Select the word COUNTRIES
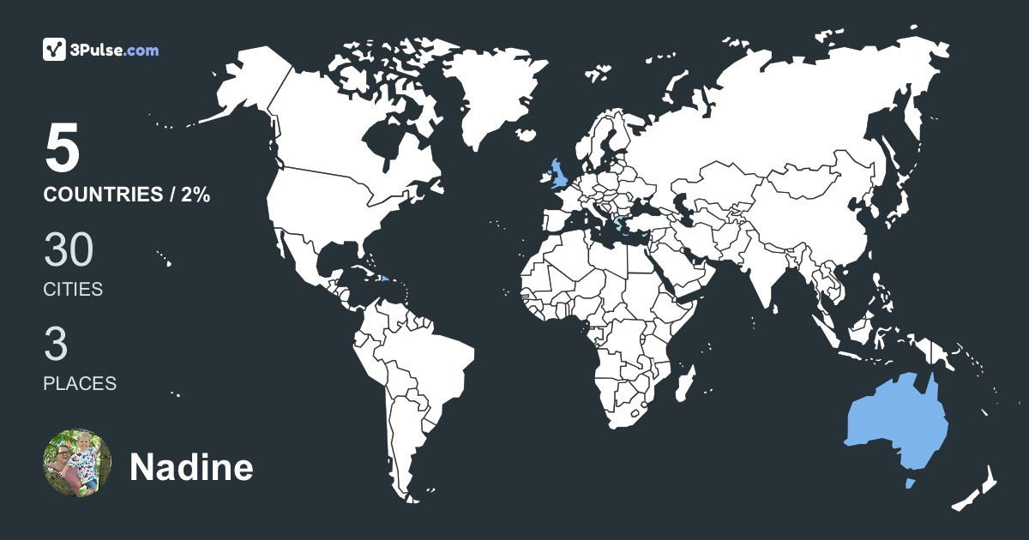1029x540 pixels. click(102, 195)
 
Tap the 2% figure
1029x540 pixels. click(196, 195)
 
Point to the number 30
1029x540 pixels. click(69, 250)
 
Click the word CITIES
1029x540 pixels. click(73, 290)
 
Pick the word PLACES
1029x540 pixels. click(80, 384)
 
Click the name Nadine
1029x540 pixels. click(191, 468)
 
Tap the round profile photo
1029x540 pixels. click(77, 464)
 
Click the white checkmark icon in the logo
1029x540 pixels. click(55, 50)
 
